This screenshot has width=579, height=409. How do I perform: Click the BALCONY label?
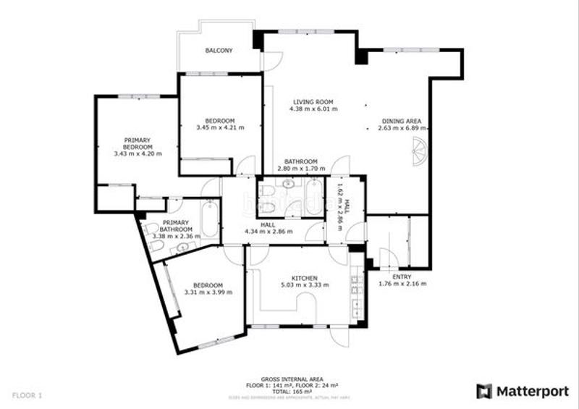coord(219,51)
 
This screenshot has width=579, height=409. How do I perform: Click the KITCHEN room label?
coord(305,278)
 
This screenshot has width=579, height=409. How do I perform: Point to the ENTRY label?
coord(402,277)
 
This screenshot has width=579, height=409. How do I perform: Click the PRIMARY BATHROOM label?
coord(175,226)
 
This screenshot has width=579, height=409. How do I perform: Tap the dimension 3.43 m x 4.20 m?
coord(138,153)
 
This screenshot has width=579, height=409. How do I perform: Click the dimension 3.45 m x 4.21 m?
coord(220,127)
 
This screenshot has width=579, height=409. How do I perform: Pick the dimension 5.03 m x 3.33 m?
coord(305,285)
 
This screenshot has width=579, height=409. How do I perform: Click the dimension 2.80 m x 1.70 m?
coord(300,169)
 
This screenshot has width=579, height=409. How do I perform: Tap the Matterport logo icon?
coord(484,392)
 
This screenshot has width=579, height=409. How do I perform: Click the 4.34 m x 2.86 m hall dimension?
coord(269,232)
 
